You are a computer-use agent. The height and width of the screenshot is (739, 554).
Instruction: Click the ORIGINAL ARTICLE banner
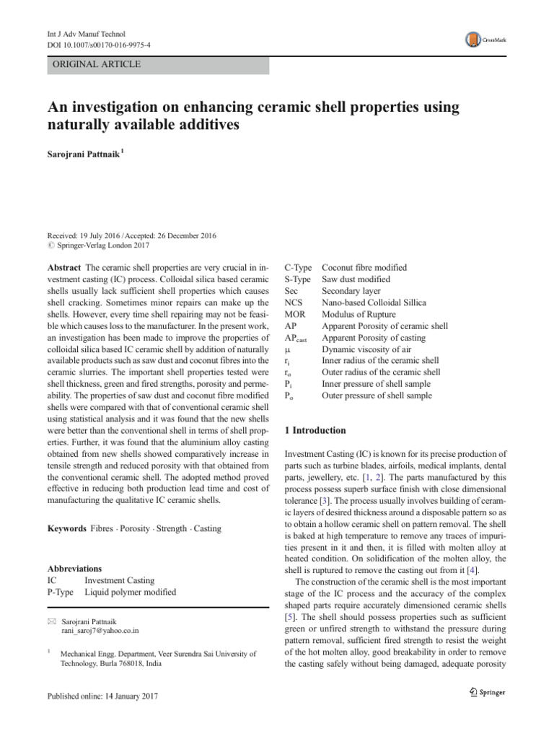point(94,64)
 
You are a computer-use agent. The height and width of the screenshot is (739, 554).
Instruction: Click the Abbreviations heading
point(74,569)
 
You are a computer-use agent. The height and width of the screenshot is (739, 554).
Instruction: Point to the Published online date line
point(102,696)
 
